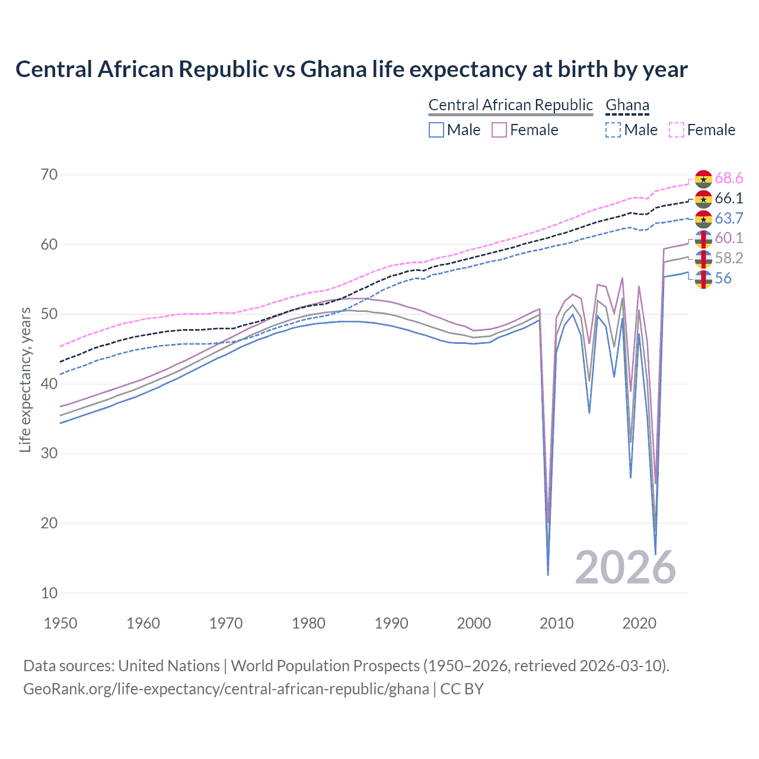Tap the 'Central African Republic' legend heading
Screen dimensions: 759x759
[x=510, y=105]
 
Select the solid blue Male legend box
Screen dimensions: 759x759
[x=436, y=130]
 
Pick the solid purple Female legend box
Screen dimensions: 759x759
[x=499, y=130]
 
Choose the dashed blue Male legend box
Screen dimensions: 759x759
[x=613, y=130]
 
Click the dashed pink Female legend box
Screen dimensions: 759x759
[x=677, y=130]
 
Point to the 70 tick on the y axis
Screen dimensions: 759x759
[x=49, y=174]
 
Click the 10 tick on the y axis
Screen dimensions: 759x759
[x=49, y=593]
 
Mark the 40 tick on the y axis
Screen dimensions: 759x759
[x=49, y=384]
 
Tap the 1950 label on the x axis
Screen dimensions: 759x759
[x=60, y=623]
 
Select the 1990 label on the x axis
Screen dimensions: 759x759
[x=391, y=623]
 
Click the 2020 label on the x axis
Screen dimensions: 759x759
[x=639, y=623]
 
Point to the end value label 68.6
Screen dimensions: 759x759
[x=729, y=178]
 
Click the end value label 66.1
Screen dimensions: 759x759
[x=729, y=198]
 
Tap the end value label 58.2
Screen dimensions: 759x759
[x=729, y=258]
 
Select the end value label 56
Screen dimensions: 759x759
[x=723, y=278]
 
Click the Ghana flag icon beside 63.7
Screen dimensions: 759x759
[x=703, y=219]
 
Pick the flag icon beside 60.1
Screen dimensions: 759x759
[x=703, y=239]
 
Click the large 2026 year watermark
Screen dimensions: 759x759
[x=625, y=567]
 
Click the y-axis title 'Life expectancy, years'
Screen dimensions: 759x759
[x=25, y=379]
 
